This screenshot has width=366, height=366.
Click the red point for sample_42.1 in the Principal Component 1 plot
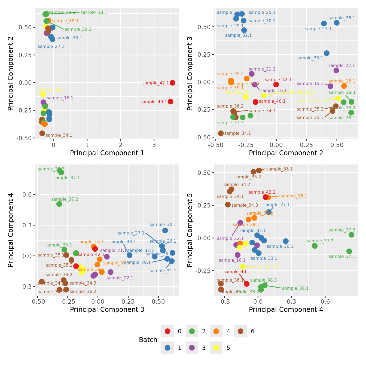click(x=172, y=83)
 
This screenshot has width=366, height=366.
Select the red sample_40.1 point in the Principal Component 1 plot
click(x=170, y=102)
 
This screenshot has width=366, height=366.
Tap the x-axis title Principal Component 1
click(x=107, y=153)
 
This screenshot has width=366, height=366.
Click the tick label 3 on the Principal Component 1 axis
click(x=154, y=145)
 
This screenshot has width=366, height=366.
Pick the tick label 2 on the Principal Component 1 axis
click(x=121, y=145)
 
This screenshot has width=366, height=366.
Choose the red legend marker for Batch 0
click(x=167, y=331)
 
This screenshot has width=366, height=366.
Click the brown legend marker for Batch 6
click(x=240, y=331)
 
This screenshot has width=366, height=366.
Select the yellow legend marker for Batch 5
click(x=216, y=348)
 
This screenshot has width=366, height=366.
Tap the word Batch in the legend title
click(x=148, y=340)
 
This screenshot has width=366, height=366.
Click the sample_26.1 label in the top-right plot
click(x=342, y=18)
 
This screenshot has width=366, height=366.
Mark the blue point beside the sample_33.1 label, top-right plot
click(x=327, y=53)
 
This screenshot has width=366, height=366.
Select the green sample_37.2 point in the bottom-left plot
click(x=59, y=204)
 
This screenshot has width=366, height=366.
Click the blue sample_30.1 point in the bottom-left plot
click(x=165, y=230)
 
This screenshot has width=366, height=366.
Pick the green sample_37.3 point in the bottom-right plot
click(x=352, y=235)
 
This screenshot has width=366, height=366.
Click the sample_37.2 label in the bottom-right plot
click(x=320, y=241)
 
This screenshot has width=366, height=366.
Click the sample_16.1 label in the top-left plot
click(x=60, y=98)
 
